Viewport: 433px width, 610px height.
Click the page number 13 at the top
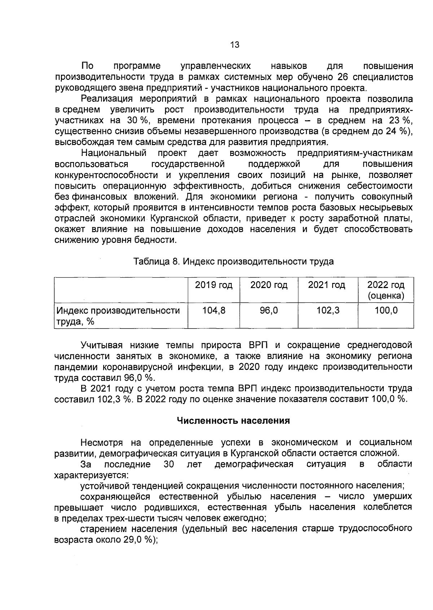click(x=235, y=45)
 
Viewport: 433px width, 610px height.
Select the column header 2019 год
click(x=214, y=285)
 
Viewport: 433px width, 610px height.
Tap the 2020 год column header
click(x=269, y=285)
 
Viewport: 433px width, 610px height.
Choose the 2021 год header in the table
click(x=327, y=285)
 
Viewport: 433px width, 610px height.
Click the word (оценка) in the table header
click(x=386, y=296)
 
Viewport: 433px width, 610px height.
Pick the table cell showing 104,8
click(x=214, y=310)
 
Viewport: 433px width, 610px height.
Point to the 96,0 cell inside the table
click(x=269, y=310)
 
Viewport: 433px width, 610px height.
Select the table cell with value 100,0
click(x=386, y=310)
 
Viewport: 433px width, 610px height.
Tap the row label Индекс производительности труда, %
click(x=117, y=316)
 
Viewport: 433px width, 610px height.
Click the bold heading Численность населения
click(x=233, y=421)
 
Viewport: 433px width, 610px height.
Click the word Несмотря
click(x=102, y=442)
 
